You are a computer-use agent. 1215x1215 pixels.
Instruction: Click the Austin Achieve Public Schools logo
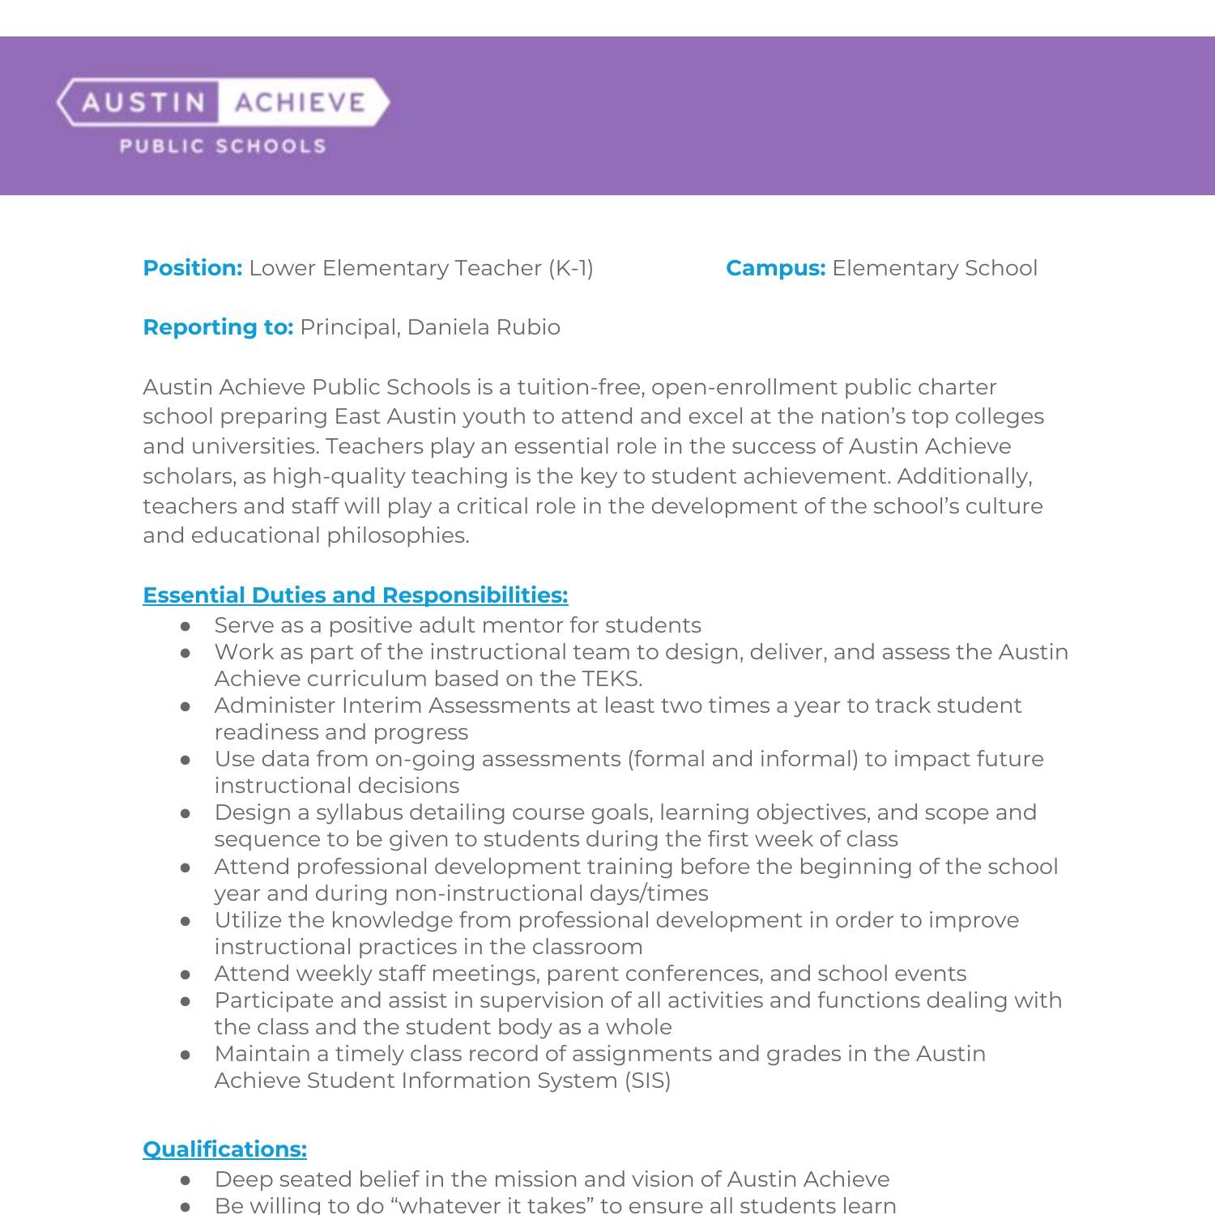tap(223, 115)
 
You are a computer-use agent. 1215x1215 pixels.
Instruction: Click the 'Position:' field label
tap(192, 268)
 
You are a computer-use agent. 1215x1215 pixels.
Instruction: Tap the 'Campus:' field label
tap(775, 268)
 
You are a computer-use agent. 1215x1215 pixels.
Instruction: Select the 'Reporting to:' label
tap(217, 327)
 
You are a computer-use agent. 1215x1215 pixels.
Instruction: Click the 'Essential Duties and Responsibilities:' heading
tap(355, 595)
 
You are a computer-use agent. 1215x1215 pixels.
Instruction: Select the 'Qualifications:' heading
tap(224, 1149)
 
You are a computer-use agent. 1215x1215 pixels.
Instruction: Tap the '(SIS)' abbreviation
tap(647, 1081)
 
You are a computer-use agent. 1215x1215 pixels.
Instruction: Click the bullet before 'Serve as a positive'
tap(186, 626)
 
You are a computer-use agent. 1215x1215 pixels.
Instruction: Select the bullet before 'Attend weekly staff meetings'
tap(186, 974)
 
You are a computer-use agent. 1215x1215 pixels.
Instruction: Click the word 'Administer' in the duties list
tap(275, 706)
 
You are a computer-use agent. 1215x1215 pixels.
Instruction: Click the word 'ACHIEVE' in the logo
tap(300, 103)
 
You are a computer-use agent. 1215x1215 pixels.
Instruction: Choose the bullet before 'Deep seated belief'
tap(186, 1180)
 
